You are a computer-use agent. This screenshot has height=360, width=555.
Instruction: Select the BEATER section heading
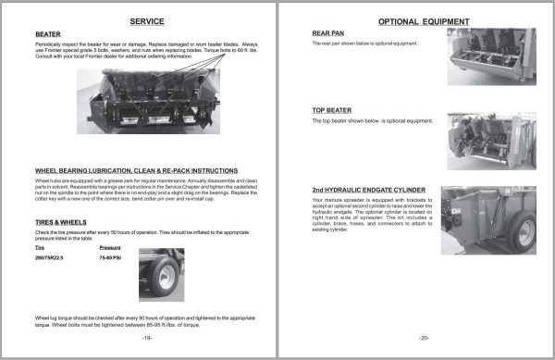pos(48,34)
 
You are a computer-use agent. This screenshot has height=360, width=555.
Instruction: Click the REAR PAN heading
pos(330,31)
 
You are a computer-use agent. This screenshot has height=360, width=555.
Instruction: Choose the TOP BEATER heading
pos(334,110)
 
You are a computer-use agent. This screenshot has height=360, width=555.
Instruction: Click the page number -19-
pos(147,337)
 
